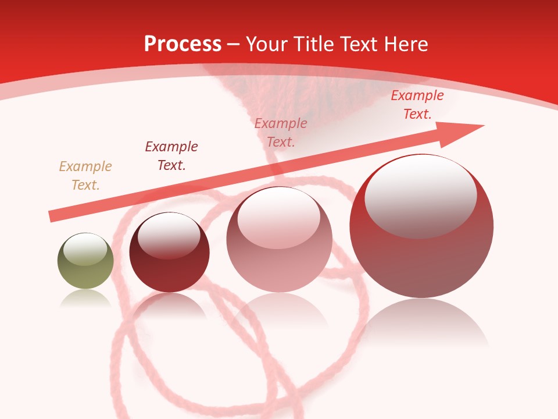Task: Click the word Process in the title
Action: pos(183,44)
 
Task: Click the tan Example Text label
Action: pos(85,176)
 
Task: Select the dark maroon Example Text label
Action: pos(171,156)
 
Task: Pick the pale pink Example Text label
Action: pos(281,133)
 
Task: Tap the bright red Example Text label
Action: pos(417,105)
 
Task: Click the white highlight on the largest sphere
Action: pos(420,195)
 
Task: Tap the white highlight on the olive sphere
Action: pos(85,249)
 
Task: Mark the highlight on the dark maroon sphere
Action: pos(169,236)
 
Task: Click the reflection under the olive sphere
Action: pos(85,298)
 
